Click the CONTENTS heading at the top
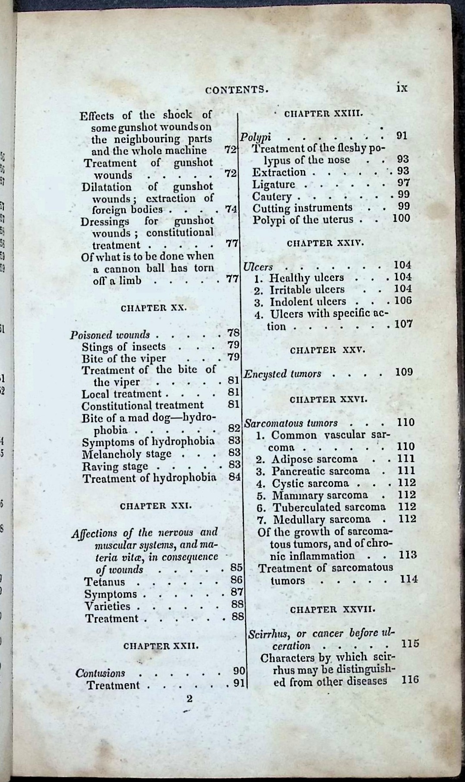coord(237,90)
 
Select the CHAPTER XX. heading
coord(153,308)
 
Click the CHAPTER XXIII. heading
coord(324,114)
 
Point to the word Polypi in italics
coord(256,137)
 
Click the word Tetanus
coord(104,581)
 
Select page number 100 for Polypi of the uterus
coord(401,218)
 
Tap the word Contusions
coord(100,673)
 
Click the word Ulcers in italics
coord(258,267)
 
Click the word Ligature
coord(274,184)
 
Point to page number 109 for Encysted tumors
coord(404,372)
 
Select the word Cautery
coord(272,196)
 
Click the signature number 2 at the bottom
coord(189,698)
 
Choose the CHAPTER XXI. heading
coord(155,506)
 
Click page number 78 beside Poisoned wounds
coord(233,333)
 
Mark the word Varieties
coord(108,606)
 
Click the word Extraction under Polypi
coord(279,172)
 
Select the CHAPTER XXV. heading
coord(327,350)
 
